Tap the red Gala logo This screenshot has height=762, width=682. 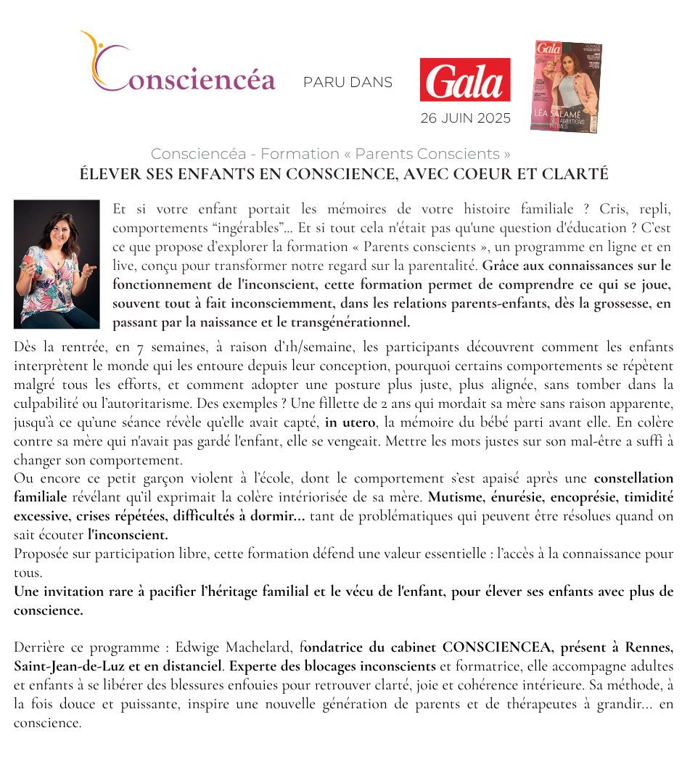pyautogui.click(x=464, y=80)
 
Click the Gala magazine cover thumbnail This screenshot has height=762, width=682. pyautogui.click(x=566, y=86)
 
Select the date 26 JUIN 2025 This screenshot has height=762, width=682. pyautogui.click(x=465, y=118)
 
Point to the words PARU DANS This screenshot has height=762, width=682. pyautogui.click(x=348, y=82)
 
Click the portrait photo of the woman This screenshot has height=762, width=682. pyautogui.click(x=57, y=264)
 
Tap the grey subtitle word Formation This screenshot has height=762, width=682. pyautogui.click(x=300, y=154)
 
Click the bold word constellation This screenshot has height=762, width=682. pyautogui.click(x=633, y=478)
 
